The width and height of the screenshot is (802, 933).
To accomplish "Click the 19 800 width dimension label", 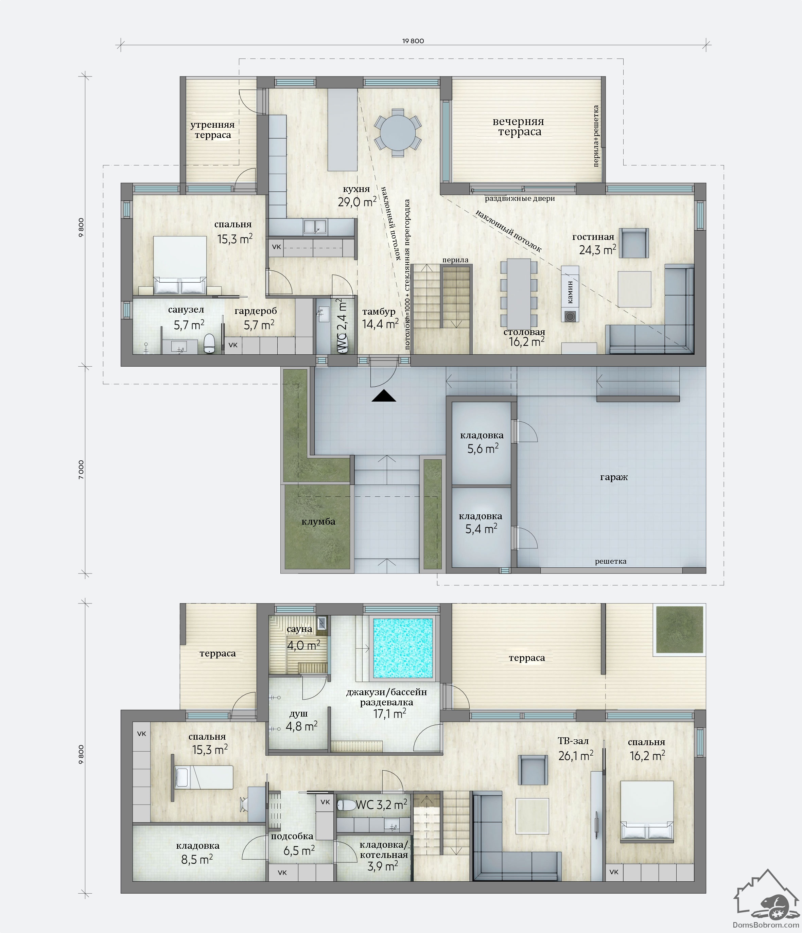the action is [x=413, y=41].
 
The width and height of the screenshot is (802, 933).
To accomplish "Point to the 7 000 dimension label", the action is [x=82, y=470].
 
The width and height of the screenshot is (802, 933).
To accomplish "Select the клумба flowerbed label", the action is [x=318, y=522].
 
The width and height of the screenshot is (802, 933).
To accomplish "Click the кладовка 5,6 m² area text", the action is [x=482, y=442].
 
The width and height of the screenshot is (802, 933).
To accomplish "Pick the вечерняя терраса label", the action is [x=519, y=126].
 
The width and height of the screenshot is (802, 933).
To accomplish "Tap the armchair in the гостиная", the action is [x=633, y=243].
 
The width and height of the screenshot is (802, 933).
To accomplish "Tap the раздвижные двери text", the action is [x=520, y=198].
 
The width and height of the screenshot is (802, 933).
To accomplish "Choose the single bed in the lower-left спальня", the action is [x=204, y=777].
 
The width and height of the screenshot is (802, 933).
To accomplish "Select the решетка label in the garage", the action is [x=611, y=562].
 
